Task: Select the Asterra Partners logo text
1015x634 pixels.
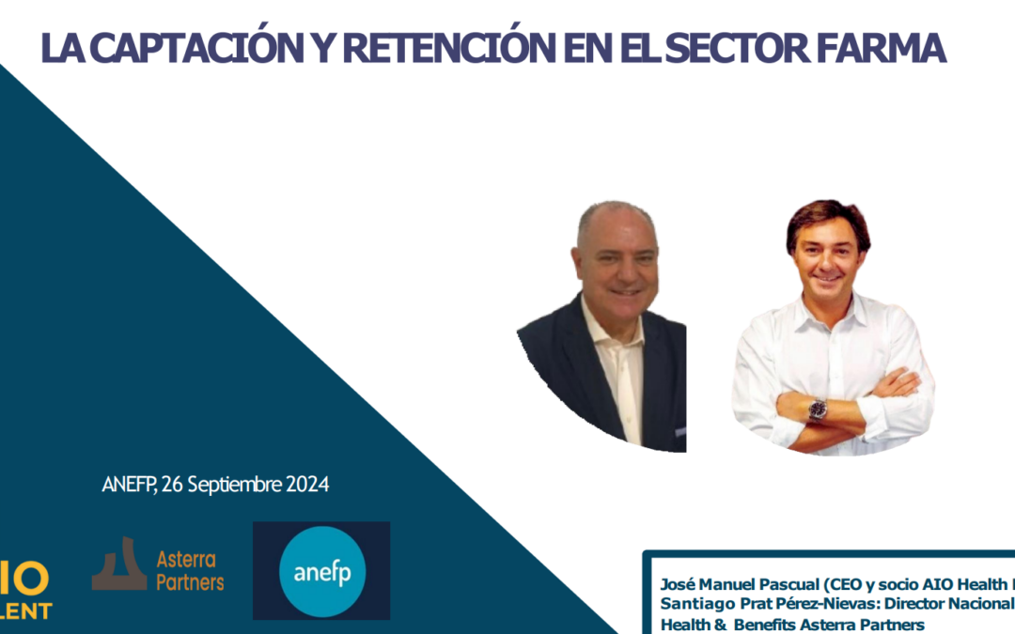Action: (190, 571)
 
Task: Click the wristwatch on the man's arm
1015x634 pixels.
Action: (817, 410)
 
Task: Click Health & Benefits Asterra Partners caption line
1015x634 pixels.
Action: (792, 624)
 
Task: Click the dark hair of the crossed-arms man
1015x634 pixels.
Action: (827, 215)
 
